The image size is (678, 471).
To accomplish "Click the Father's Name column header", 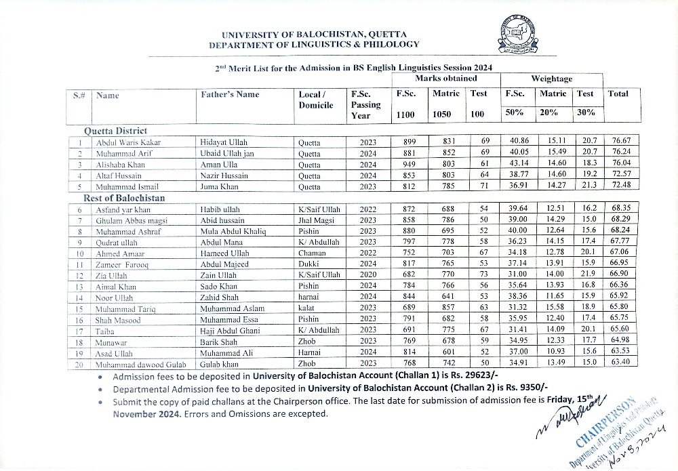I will coord(230,95).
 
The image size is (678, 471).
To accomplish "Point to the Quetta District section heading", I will coord(115,130).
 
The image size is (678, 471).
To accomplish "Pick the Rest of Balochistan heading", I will coord(124,198).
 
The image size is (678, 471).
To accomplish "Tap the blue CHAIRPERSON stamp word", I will coord(604,421).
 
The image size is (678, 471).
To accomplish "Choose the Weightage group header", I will coord(551,79).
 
